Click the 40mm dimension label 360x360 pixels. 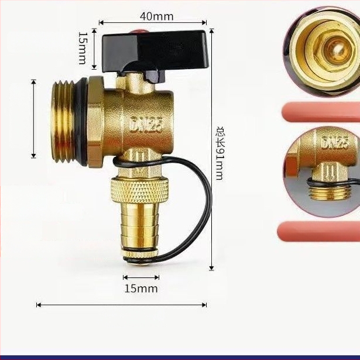coord(156,16)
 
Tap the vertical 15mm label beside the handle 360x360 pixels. coord(83,48)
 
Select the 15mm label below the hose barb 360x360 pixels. coord(141,289)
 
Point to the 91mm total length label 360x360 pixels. coord(220,153)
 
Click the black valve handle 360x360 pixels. coord(155,54)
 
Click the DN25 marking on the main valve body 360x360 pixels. coord(147,124)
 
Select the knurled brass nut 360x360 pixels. coord(140,190)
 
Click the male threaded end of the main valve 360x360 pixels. coord(63,122)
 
